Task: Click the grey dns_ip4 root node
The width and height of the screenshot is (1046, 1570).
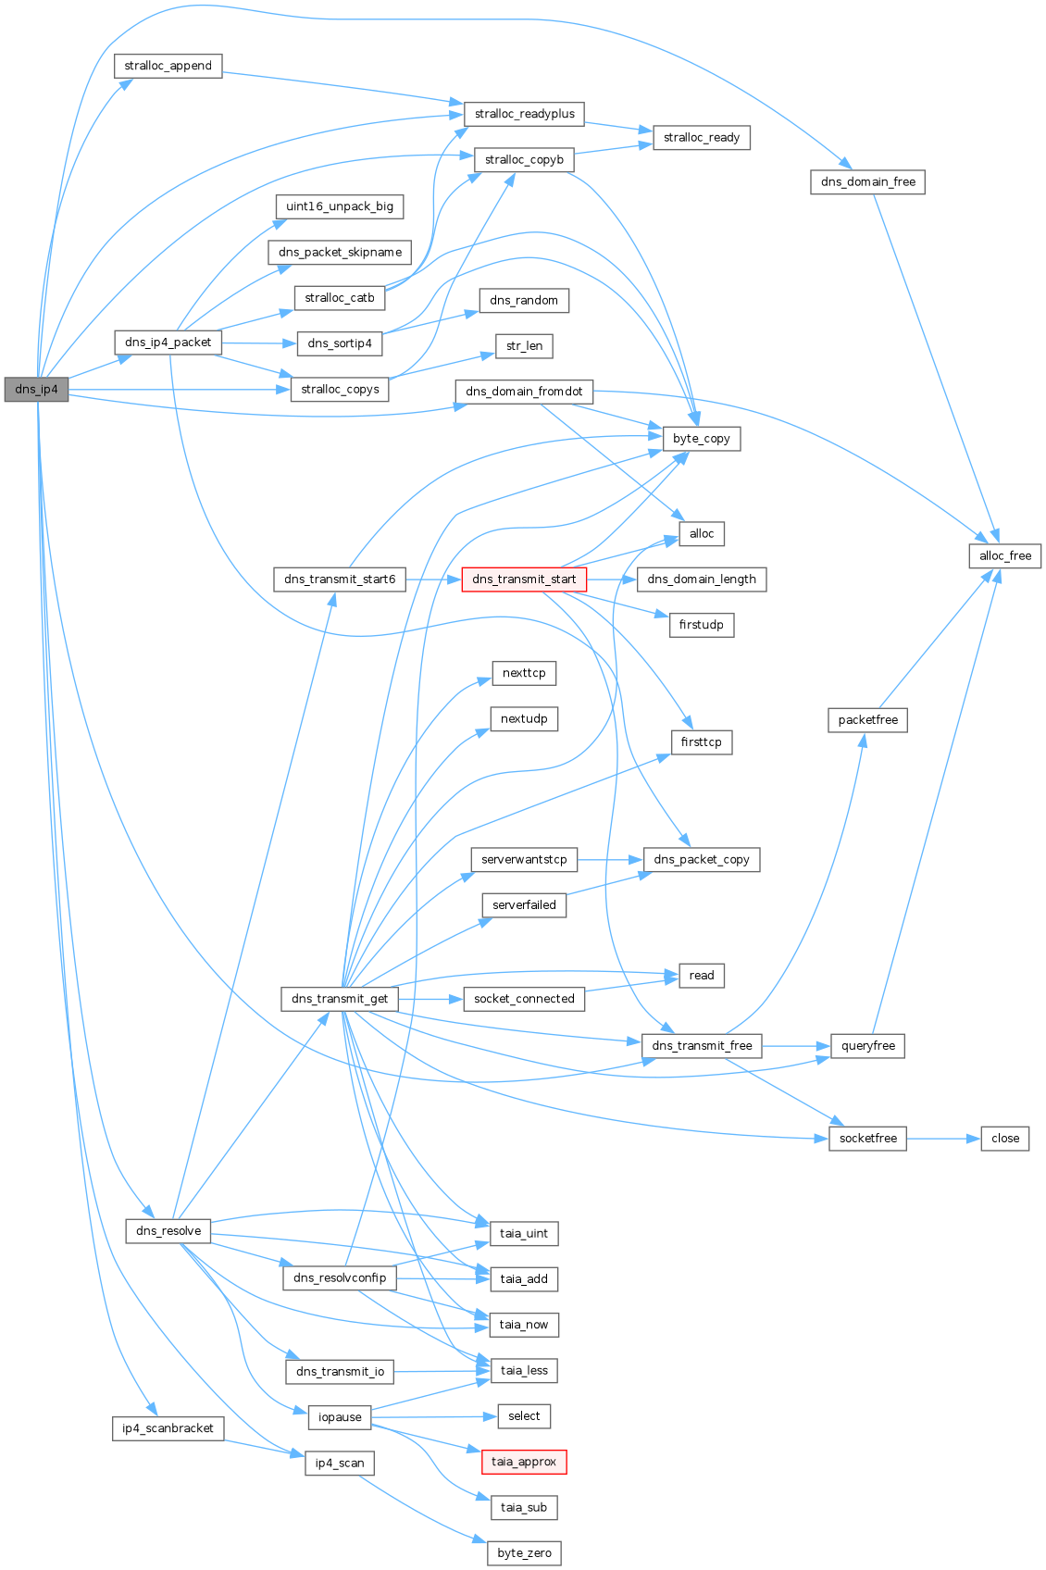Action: point(36,389)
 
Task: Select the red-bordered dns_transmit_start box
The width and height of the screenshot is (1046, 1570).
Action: point(524,579)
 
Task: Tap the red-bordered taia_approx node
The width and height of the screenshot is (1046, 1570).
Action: point(524,1462)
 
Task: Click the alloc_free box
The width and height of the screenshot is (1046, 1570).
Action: point(1005,555)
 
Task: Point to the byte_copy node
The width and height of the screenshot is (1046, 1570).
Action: point(702,439)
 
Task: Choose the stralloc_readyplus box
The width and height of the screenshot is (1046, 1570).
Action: point(524,114)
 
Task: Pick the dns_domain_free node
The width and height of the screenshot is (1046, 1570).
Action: point(867,181)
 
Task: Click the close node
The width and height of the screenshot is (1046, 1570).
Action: point(1005,1139)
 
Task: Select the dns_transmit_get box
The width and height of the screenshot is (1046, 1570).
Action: point(340,999)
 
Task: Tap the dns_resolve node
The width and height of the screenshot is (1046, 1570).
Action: point(168,1231)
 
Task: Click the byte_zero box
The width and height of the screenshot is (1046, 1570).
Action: point(524,1552)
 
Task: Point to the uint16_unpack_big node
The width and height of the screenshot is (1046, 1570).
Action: point(340,206)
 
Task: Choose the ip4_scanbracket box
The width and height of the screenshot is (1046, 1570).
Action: point(168,1428)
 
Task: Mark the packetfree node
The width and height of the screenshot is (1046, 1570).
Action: point(867,719)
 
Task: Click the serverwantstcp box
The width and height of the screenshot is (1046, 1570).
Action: point(524,860)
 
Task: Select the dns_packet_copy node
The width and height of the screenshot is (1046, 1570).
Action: point(702,860)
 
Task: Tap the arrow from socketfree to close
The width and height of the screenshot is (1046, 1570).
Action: point(943,1139)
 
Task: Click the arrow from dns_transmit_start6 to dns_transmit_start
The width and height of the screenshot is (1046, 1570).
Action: point(433,579)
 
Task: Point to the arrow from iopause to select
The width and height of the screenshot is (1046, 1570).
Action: point(435,1416)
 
